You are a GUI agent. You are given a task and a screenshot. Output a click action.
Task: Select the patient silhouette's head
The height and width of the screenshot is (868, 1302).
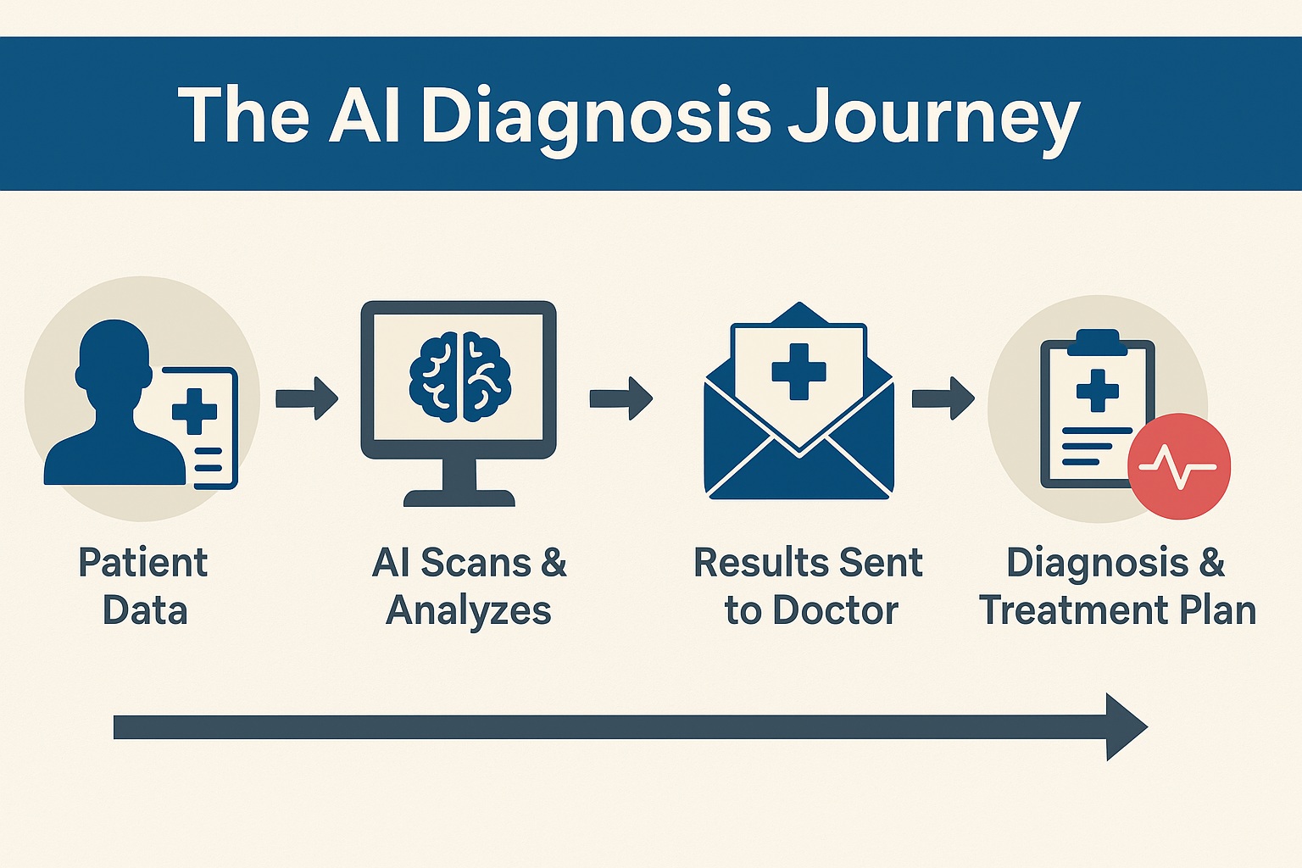point(114,359)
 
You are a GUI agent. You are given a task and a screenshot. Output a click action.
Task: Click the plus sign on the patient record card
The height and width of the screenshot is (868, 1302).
point(195,412)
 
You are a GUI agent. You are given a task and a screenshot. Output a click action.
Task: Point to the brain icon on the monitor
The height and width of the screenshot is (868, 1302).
point(460,376)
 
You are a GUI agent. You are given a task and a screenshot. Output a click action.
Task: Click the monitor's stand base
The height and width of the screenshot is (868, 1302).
point(459,498)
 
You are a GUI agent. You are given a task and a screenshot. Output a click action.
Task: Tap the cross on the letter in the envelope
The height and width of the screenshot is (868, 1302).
point(798,371)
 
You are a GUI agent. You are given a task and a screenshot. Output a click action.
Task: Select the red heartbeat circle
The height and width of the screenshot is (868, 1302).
point(1179,466)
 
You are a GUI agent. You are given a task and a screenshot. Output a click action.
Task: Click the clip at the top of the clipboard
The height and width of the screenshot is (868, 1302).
point(1098,342)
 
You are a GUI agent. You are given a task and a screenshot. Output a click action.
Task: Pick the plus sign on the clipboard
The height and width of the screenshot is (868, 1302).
point(1098,391)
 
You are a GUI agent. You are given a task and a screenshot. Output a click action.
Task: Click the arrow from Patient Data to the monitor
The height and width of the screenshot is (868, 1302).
point(307,398)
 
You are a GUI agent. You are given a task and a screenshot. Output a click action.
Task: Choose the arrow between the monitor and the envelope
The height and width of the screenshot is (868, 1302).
point(620,398)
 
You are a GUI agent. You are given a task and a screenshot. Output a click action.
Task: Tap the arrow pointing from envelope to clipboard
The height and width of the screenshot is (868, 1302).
point(943,398)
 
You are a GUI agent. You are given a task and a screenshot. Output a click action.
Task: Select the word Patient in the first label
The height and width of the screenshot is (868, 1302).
point(143,563)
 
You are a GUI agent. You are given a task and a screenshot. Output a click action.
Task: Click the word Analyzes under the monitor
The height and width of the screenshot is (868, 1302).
point(469,612)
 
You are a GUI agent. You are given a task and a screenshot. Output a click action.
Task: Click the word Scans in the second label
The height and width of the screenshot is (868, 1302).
point(476,563)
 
